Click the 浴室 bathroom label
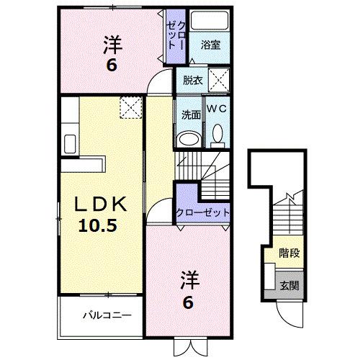(x=210, y=44)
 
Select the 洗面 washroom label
(x=190, y=113)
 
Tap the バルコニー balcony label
(x=106, y=315)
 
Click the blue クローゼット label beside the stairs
(x=203, y=213)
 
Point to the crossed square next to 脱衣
(x=218, y=79)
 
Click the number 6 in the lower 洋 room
(x=189, y=302)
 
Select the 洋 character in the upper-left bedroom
(x=113, y=45)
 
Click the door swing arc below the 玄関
(x=288, y=312)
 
